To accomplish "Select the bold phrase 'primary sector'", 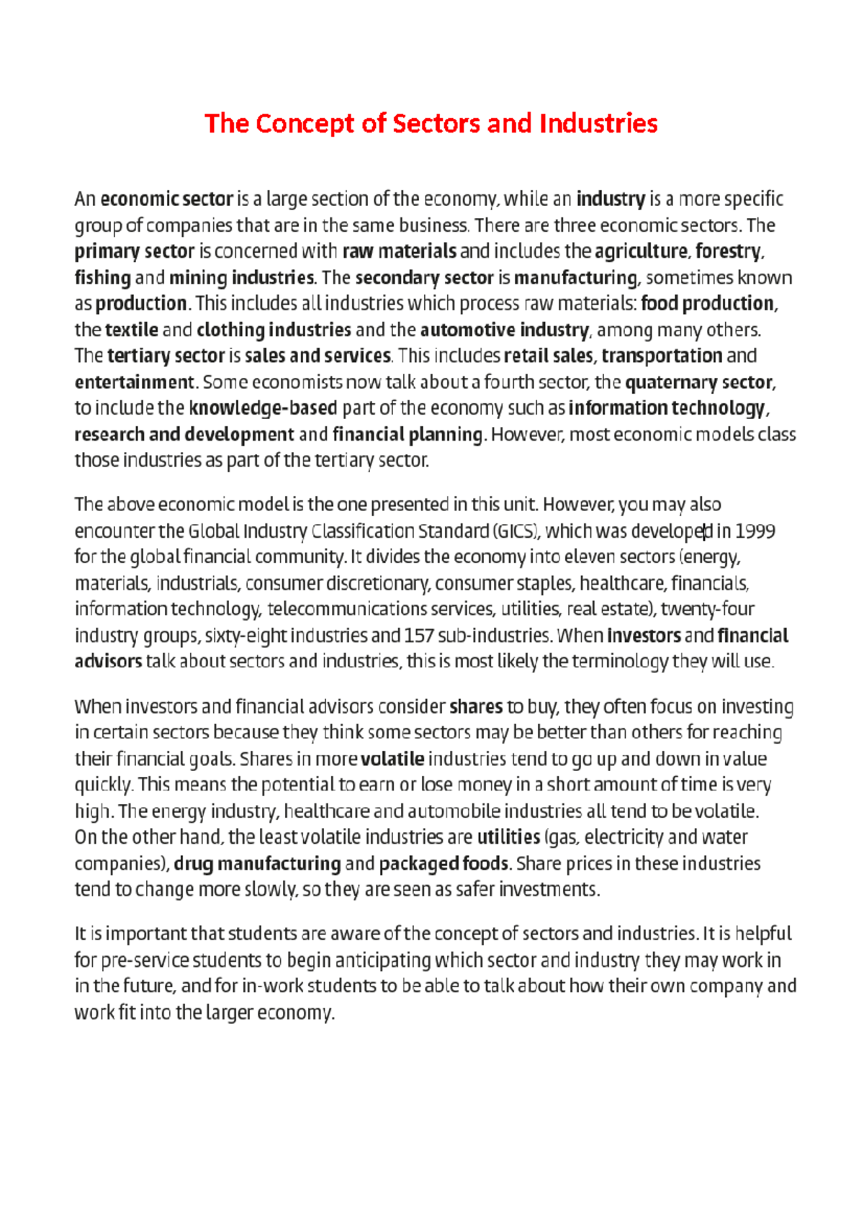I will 135,251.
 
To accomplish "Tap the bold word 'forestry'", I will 728,251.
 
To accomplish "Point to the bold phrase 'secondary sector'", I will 424,278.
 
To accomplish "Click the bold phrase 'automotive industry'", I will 504,330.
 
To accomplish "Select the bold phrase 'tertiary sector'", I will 166,356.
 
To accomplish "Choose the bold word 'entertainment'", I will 135,382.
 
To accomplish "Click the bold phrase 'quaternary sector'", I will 698,382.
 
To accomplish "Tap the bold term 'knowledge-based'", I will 263,409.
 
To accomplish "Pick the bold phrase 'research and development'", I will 184,435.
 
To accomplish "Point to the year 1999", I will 755,532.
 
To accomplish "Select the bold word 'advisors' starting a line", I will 108,662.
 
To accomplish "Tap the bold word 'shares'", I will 476,707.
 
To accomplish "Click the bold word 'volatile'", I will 392,760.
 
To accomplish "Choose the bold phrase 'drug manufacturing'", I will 257,864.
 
